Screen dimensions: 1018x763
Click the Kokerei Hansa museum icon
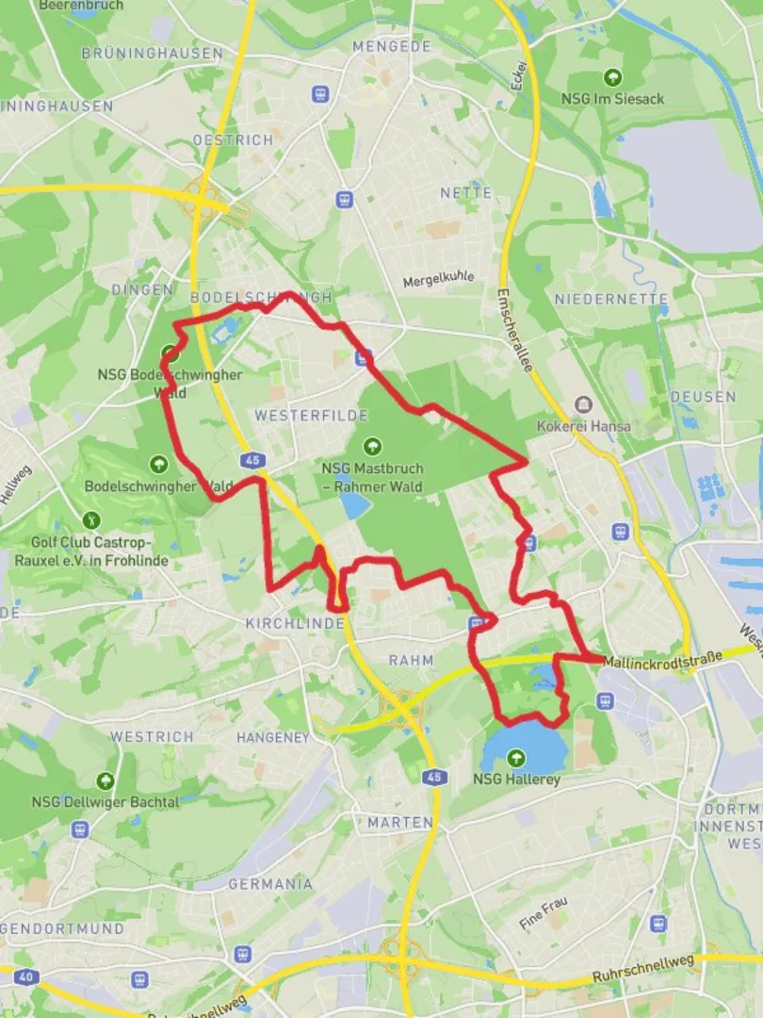coord(583,404)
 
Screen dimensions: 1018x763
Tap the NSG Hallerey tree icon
coord(515,757)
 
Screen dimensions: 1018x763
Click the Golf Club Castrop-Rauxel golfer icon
coord(91,519)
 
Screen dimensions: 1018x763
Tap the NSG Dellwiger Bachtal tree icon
coord(105,780)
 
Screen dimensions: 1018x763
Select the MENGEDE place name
coord(391,46)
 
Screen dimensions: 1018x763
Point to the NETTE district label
coord(466,193)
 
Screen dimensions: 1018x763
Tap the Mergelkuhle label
coord(439,280)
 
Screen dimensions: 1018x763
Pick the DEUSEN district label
coord(704,397)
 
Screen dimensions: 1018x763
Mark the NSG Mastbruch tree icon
coord(372,446)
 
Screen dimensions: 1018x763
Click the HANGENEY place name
coord(272,737)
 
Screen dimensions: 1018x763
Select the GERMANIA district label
coord(270,884)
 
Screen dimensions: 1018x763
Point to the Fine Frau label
coord(544,913)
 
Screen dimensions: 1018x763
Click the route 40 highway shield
coord(26,977)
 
